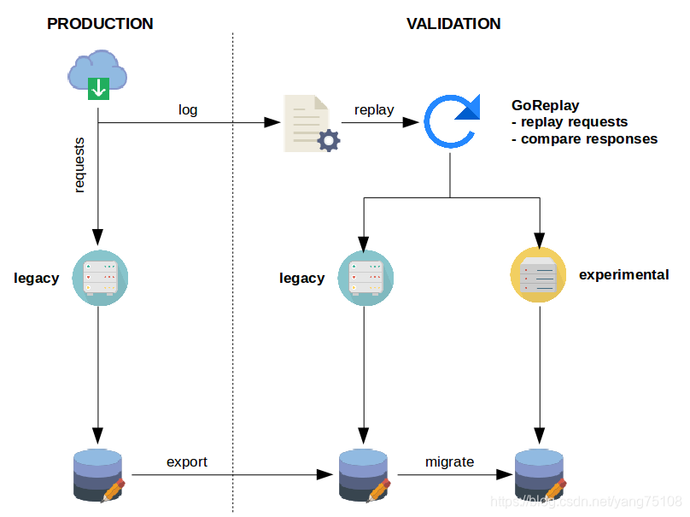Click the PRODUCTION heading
coord(100,24)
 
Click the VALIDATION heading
coord(453,24)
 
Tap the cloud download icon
coord(98,74)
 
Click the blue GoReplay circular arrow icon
coord(452,123)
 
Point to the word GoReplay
coord(546,106)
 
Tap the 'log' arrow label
coord(188,109)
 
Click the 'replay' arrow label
coord(374,109)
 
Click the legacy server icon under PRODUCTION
coord(99,277)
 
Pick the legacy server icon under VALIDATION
coord(365,277)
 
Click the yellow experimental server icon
coord(539,275)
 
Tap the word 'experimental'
coord(623,275)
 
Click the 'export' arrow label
coord(187,461)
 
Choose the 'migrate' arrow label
coord(449,461)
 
